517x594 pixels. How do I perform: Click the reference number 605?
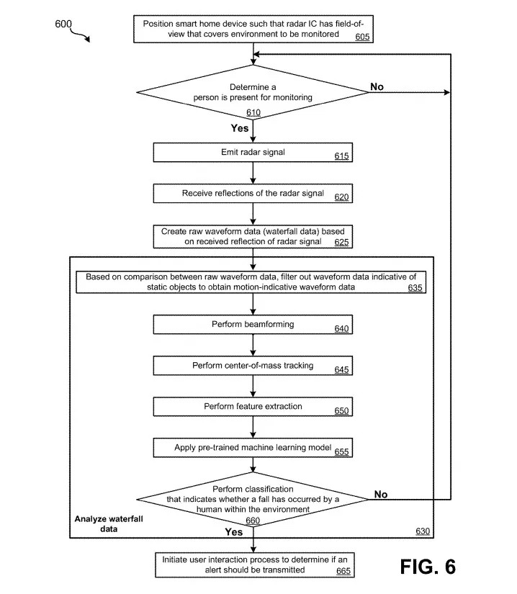[x=362, y=37]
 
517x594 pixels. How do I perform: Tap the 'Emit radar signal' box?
[x=253, y=153]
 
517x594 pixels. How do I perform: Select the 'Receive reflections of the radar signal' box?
[x=253, y=194]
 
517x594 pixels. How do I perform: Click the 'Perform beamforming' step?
[x=253, y=324]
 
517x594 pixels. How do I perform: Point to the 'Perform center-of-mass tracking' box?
[x=253, y=366]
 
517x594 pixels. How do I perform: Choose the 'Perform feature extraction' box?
[x=253, y=407]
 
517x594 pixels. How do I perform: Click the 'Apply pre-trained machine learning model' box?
[x=253, y=448]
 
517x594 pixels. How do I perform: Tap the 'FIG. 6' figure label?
[x=428, y=567]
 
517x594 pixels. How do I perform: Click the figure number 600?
[x=63, y=24]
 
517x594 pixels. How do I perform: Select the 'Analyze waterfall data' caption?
[x=109, y=524]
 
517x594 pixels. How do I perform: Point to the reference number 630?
[x=423, y=531]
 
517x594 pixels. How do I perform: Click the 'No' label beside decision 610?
[x=377, y=86]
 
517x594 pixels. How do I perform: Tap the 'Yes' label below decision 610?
[x=240, y=128]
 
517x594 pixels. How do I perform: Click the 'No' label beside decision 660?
[x=381, y=495]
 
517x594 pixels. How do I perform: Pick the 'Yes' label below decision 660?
[x=234, y=532]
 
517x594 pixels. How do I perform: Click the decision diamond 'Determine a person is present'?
[x=253, y=92]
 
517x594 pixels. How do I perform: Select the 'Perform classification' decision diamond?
[x=253, y=499]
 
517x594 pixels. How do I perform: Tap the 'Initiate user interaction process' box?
[x=255, y=564]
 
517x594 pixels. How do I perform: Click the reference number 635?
[x=415, y=288]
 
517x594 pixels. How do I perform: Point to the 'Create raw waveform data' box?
[x=253, y=237]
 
